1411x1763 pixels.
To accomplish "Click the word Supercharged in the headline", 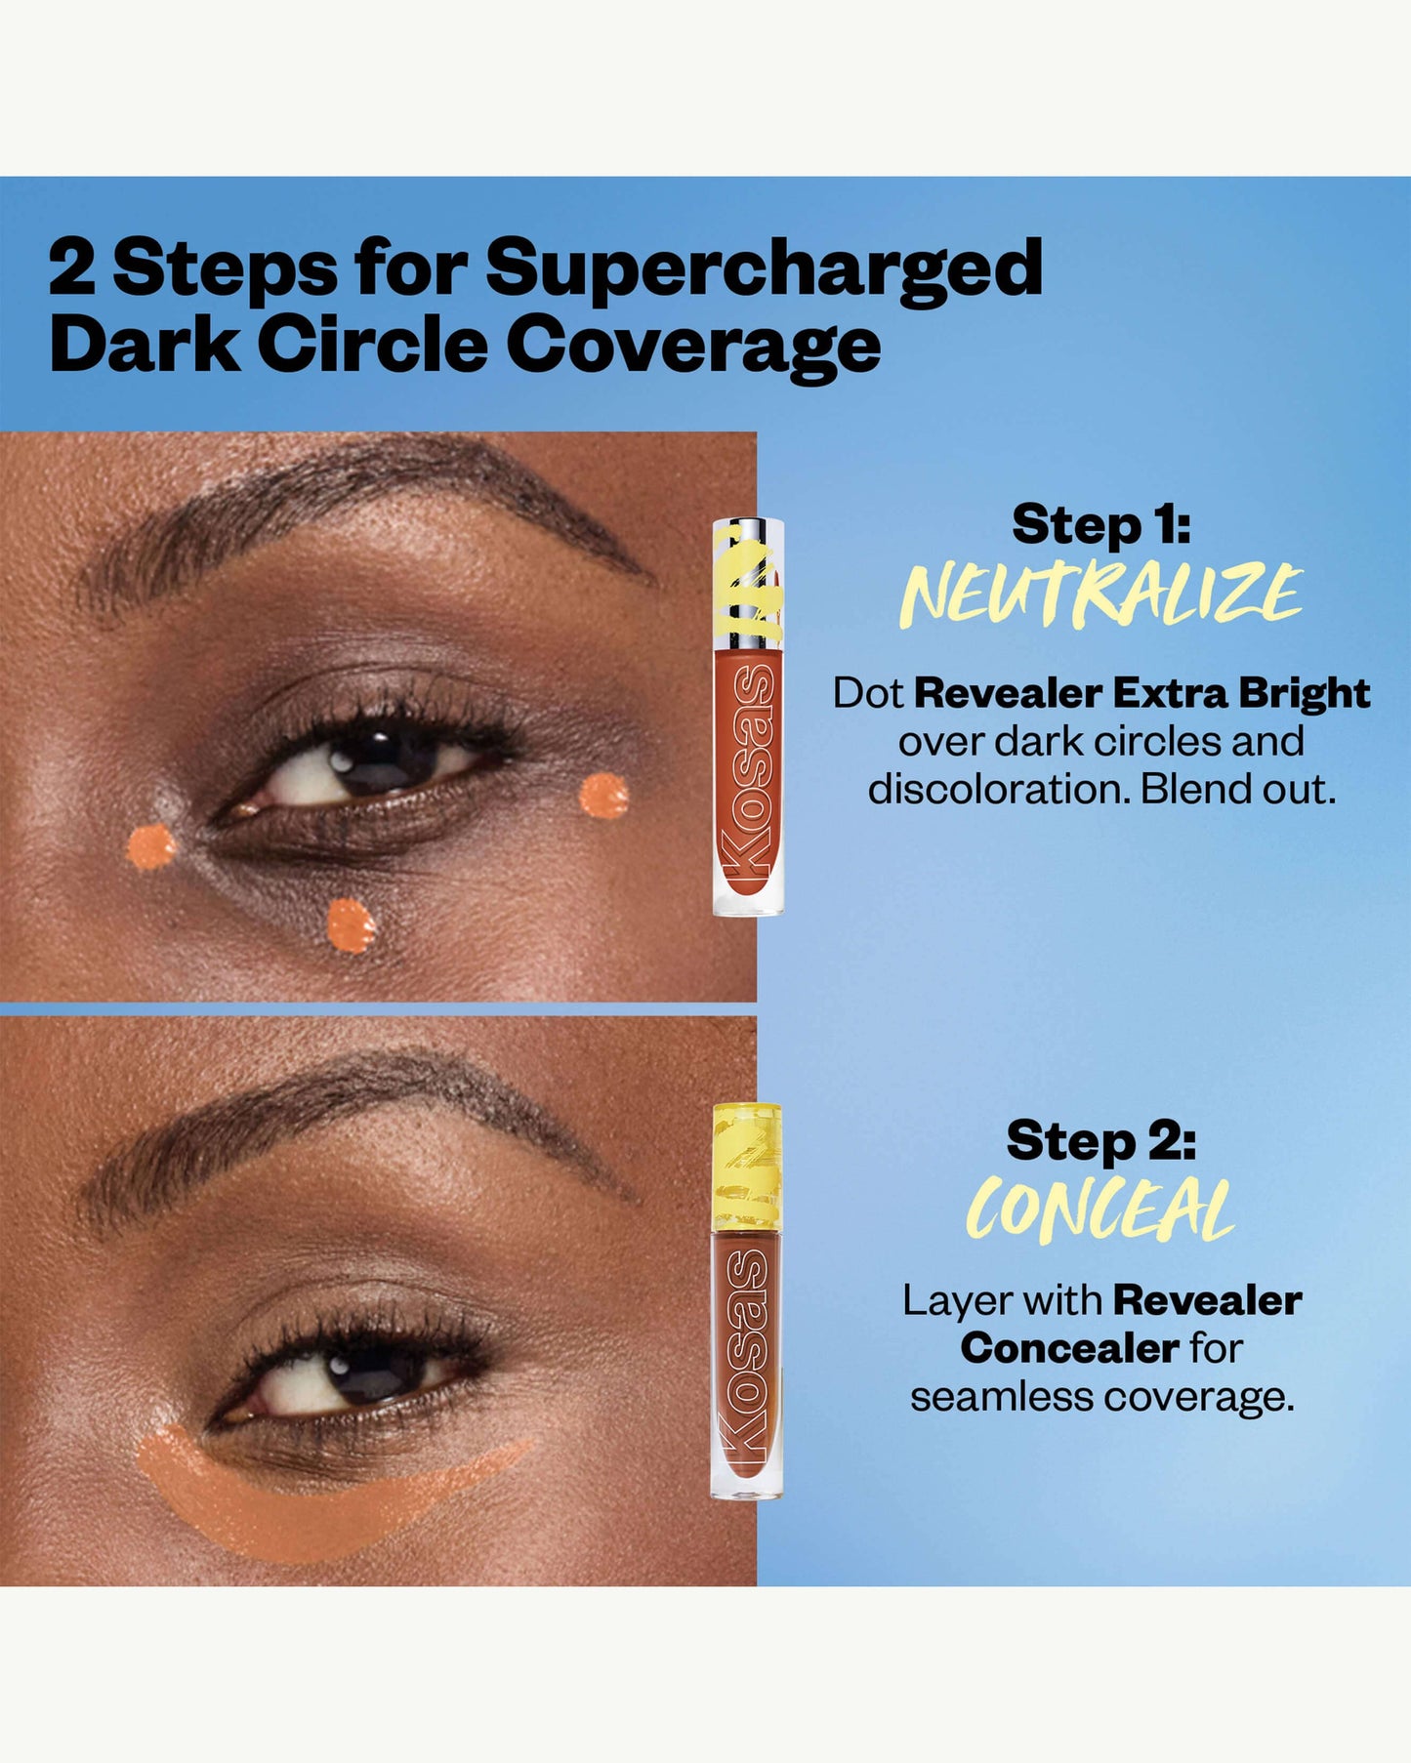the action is point(765,269).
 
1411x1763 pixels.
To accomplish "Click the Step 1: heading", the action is point(1100,526).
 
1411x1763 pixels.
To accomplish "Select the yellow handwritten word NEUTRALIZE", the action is point(1100,594).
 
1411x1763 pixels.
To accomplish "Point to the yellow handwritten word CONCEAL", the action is point(1100,1209).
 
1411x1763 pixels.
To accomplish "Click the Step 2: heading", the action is point(1101,1141).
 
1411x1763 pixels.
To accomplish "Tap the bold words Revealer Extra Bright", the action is point(1141,693).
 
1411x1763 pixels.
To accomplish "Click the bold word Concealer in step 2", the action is point(1069,1348).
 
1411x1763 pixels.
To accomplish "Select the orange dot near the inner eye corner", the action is point(152,846).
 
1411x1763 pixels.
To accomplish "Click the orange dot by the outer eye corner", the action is point(603,796).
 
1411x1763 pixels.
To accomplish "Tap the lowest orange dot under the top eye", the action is point(351,925).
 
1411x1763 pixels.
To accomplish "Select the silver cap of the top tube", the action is point(748,583).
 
